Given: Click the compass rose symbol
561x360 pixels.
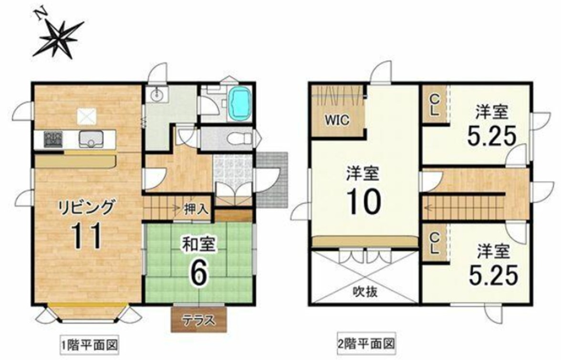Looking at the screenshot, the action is click(59, 35).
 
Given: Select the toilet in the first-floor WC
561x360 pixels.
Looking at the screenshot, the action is click(240, 137).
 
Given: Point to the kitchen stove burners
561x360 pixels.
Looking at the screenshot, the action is click(53, 138).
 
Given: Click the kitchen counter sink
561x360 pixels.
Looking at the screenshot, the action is click(91, 138).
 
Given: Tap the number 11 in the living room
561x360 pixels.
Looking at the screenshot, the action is click(87, 235).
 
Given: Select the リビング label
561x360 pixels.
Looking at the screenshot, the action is click(87, 207).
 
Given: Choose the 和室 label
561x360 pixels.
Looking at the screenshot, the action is click(198, 245).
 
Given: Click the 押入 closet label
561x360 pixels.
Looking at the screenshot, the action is click(196, 209).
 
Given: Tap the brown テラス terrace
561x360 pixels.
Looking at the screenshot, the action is click(199, 319).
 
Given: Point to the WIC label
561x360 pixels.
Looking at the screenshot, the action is click(337, 120).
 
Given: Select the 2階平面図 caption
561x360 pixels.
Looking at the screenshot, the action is click(365, 344).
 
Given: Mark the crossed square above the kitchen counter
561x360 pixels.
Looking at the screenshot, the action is click(87, 116).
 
